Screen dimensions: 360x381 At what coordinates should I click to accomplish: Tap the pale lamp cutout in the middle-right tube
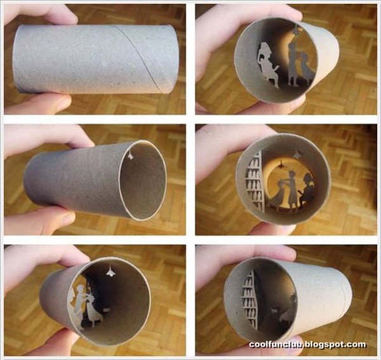[x=297, y=153]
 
